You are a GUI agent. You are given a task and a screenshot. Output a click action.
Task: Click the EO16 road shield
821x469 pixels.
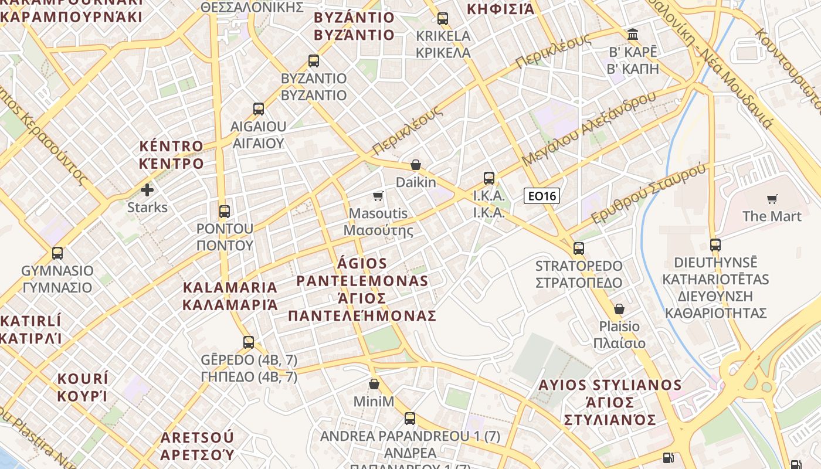[541, 196]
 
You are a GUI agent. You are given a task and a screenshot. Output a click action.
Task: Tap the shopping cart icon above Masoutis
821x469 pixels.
[378, 196]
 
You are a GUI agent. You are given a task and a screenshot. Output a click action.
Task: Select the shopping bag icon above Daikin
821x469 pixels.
[416, 165]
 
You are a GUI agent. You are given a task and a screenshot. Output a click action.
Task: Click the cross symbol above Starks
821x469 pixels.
[147, 190]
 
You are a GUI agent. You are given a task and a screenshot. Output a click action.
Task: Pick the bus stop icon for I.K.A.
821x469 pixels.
[489, 178]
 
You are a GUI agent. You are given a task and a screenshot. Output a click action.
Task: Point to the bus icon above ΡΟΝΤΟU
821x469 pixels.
[224, 212]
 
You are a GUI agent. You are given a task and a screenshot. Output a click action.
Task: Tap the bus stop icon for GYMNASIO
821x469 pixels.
[57, 253]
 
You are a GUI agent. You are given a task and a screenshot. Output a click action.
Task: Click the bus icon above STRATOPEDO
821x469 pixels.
[579, 249]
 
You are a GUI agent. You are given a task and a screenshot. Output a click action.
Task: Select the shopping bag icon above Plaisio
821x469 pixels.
[619, 309]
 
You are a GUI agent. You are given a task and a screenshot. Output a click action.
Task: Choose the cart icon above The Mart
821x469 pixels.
[772, 199]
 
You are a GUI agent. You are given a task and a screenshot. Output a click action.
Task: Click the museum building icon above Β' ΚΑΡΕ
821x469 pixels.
[633, 35]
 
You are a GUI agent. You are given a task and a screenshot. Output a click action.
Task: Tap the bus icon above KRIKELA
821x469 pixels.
[443, 19]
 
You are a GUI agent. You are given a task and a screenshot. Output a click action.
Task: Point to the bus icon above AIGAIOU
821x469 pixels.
[259, 109]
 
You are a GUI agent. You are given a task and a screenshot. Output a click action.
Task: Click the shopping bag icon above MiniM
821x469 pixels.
[374, 385]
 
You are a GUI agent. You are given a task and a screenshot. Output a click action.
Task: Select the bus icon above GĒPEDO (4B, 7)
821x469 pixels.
[249, 342]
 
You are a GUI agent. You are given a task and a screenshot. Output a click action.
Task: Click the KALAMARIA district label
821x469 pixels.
[230, 296]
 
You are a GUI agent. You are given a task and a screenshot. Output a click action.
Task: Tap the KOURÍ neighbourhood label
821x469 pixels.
[83, 387]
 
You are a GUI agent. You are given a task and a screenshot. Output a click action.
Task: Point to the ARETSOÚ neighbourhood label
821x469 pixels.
[197, 446]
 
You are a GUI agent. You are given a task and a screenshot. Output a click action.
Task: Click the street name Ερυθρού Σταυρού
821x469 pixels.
[648, 194]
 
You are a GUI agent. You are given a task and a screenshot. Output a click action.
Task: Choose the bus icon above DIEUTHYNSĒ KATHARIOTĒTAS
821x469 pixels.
[715, 245]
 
